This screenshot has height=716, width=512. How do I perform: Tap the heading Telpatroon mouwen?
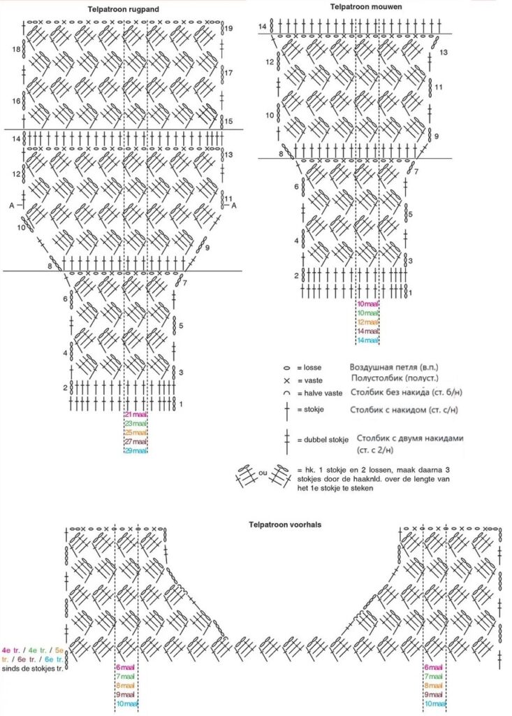click(x=360, y=6)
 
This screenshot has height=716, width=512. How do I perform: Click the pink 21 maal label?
click(x=136, y=415)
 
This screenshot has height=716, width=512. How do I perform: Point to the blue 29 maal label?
click(x=136, y=451)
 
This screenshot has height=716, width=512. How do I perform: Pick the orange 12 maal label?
click(x=367, y=322)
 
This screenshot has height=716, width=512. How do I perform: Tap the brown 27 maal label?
click(x=136, y=442)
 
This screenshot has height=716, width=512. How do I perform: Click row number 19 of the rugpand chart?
click(x=228, y=29)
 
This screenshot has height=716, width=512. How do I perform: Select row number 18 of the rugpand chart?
click(x=15, y=50)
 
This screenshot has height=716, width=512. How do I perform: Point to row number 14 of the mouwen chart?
click(x=262, y=27)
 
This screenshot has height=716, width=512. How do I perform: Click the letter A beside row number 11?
click(x=234, y=205)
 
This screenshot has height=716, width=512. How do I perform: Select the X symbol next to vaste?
click(x=286, y=380)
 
